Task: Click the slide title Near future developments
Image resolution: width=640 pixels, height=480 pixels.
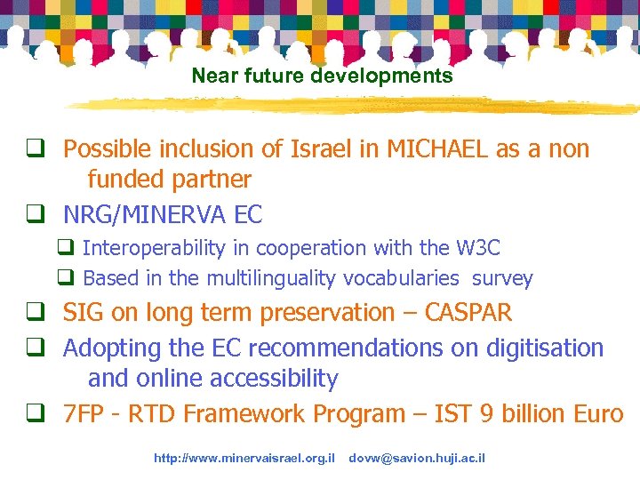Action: click(322, 76)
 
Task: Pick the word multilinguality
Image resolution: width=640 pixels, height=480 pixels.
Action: click(272, 278)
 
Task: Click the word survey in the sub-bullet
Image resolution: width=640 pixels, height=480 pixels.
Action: click(502, 278)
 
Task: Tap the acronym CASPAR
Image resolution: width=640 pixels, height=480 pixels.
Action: click(461, 313)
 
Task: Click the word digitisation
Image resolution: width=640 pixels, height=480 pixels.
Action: click(541, 348)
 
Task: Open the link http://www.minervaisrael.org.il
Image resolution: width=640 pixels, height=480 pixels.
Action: click(244, 459)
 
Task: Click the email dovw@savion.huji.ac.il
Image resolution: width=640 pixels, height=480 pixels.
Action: click(417, 459)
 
